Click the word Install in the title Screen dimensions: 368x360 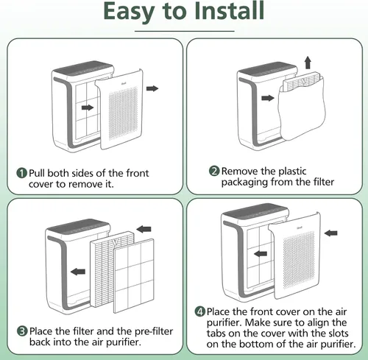(x=229, y=11)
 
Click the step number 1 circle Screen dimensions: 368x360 (x=21, y=173)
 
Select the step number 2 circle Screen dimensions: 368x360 (x=214, y=171)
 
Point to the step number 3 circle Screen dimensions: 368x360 (x=22, y=331)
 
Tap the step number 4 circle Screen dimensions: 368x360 (x=200, y=311)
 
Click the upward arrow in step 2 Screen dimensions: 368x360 (x=308, y=63)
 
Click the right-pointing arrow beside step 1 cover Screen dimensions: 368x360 (x=152, y=88)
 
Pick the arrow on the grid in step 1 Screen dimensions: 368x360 (x=88, y=107)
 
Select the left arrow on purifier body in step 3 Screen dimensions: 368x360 (x=78, y=272)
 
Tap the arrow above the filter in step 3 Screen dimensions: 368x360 (x=144, y=230)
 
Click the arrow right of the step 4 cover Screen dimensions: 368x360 (x=330, y=233)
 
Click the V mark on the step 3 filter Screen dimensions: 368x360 (x=115, y=241)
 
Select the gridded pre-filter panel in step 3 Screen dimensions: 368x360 (x=134, y=276)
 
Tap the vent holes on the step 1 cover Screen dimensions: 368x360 (x=123, y=113)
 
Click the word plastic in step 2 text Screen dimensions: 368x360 (x=292, y=172)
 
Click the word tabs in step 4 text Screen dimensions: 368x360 (x=216, y=333)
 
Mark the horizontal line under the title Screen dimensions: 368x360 (x=185, y=31)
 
